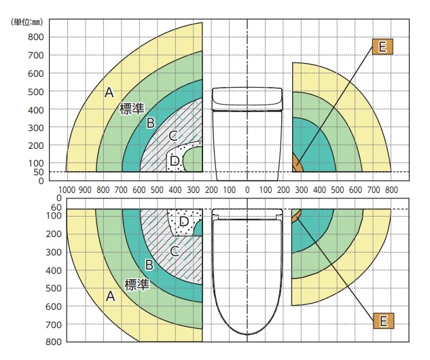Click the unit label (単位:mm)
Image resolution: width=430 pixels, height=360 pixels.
pyautogui.click(x=27, y=22)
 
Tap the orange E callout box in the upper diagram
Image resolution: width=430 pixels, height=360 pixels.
pyautogui.click(x=382, y=47)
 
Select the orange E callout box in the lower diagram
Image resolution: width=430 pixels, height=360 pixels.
pyautogui.click(x=383, y=321)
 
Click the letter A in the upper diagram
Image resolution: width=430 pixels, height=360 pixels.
pyautogui.click(x=109, y=92)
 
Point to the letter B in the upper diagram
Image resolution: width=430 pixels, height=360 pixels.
pyautogui.click(x=151, y=123)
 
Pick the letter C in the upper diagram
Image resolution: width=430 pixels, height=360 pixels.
pyautogui.click(x=173, y=135)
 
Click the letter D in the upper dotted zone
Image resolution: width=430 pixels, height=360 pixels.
pyautogui.click(x=175, y=161)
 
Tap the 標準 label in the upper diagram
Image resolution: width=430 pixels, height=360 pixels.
pyautogui.click(x=132, y=109)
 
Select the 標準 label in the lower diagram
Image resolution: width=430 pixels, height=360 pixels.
pyautogui.click(x=137, y=285)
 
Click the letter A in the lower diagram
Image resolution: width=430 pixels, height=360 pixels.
pyautogui.click(x=110, y=296)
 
